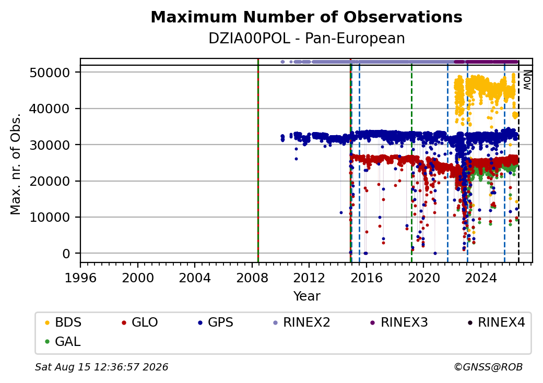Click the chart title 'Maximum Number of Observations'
coord(306,17)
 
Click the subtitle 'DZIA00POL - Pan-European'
coord(306,39)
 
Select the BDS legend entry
coord(63,322)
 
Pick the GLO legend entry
coord(140,322)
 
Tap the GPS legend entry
coord(216,322)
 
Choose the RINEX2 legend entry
coord(302,322)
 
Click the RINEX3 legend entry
coord(399,322)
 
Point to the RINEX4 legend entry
coord(497,322)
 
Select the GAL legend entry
coord(63,341)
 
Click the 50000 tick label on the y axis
coord(50,73)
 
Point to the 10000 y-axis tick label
coord(50,218)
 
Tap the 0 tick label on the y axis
coord(66,254)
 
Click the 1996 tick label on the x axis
coord(80,278)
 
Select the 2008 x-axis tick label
coord(252,278)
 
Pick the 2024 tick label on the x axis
coord(481,278)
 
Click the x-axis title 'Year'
coord(307,296)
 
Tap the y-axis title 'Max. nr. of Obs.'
coord(16,164)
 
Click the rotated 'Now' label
coord(527,80)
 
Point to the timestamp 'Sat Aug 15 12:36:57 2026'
coord(101,367)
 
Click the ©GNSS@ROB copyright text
coord(488,367)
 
